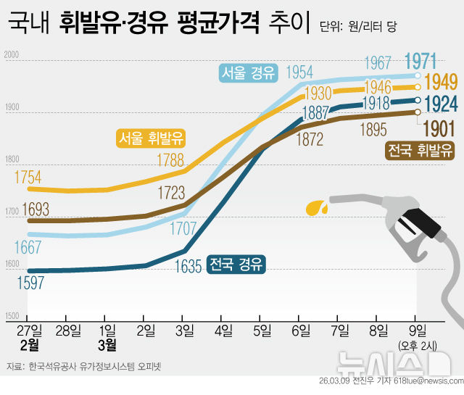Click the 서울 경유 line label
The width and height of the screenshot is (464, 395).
(x=249, y=72)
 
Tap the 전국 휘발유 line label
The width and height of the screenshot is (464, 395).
(x=420, y=151)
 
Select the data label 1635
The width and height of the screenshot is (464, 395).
(x=187, y=267)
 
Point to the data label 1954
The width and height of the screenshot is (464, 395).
(x=299, y=72)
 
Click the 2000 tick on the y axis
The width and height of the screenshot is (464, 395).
(x=11, y=55)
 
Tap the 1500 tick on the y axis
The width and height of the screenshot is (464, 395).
(x=11, y=317)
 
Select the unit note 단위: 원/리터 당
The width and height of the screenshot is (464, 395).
(x=362, y=26)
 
